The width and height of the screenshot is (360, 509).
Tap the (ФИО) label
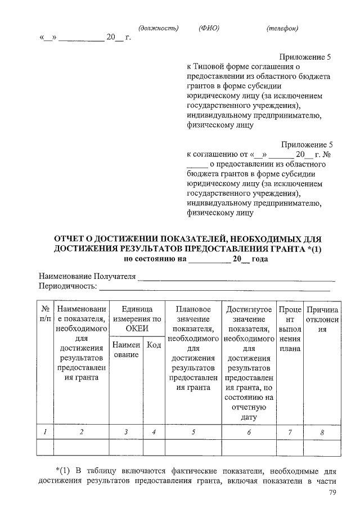pos(209,28)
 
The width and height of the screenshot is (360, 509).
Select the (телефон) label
pos(282,28)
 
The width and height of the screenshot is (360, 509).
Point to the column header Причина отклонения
pos(322,319)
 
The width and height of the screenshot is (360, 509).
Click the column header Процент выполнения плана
pos(290,329)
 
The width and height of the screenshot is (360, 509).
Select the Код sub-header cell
pos(154,344)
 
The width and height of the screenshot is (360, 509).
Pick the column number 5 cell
pos(193,431)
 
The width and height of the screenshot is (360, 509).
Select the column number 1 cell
pos(44,431)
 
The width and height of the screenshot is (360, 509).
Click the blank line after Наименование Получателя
pos(236,277)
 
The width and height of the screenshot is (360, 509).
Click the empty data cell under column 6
pos(249,447)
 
